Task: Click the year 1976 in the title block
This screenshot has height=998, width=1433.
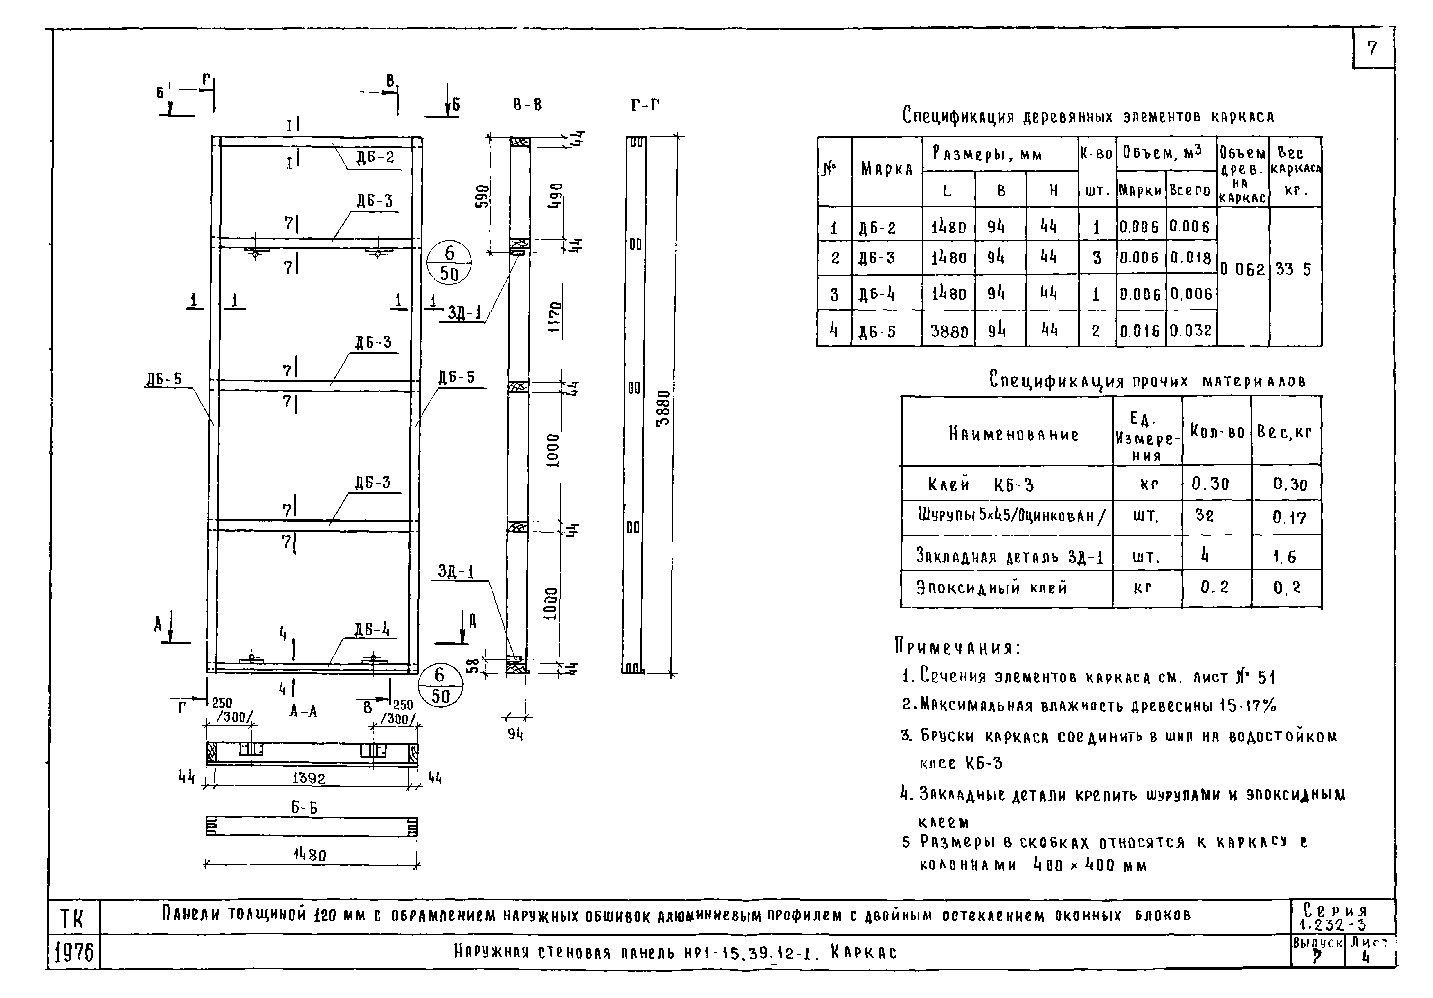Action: pyautogui.click(x=74, y=953)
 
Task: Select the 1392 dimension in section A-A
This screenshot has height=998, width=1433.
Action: pyautogui.click(x=309, y=778)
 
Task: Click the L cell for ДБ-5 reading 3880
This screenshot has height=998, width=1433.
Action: pyautogui.click(x=949, y=331)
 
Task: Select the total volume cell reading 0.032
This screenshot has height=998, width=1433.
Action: pyautogui.click(x=1190, y=330)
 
